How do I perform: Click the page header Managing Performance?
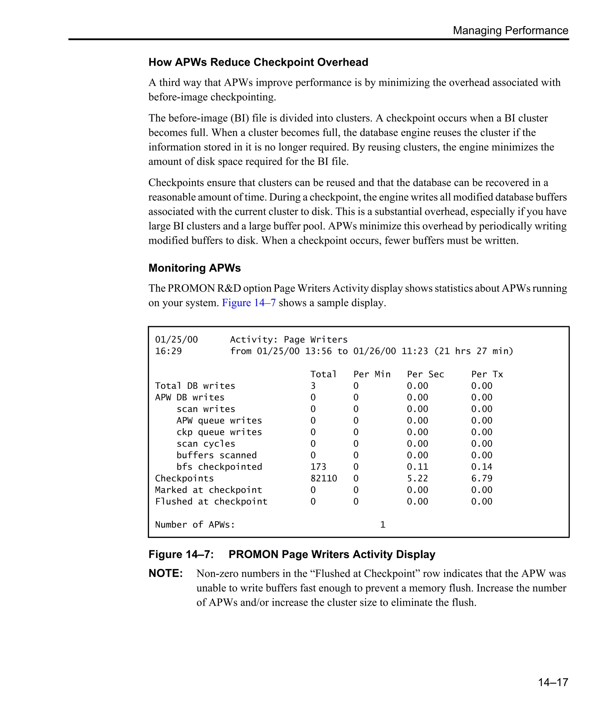click(x=510, y=31)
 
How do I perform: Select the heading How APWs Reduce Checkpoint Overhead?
click(x=258, y=62)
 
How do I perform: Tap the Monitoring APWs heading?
click(x=194, y=268)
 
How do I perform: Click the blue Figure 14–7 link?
click(x=249, y=303)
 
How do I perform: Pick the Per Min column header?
click(x=372, y=374)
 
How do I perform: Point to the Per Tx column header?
click(x=487, y=374)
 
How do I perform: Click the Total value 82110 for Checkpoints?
click(x=323, y=478)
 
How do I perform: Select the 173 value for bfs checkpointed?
click(x=318, y=467)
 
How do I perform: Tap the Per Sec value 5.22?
click(x=417, y=478)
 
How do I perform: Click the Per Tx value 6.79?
click(x=482, y=478)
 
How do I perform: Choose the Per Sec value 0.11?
click(x=417, y=467)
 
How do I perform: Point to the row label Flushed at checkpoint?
click(x=211, y=502)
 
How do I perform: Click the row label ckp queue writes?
click(x=219, y=432)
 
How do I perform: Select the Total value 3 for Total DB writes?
click(x=313, y=386)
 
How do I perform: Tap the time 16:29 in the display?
click(x=168, y=351)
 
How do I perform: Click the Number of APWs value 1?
click(x=383, y=524)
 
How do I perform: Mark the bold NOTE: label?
click(x=166, y=573)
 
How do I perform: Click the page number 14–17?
click(x=553, y=682)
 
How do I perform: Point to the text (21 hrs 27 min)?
click(x=474, y=351)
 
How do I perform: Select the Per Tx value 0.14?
click(x=482, y=467)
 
